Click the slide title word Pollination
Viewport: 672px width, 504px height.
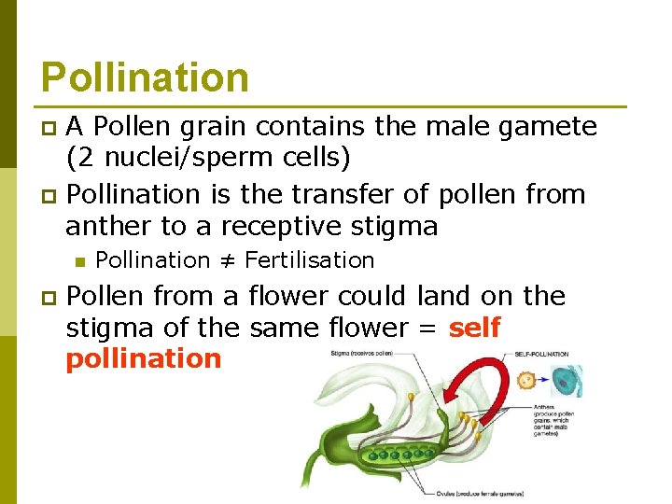click(145, 77)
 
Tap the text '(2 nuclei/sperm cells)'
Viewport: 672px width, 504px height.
click(208, 158)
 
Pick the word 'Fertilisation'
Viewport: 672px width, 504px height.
click(309, 260)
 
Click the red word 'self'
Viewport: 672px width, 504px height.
click(474, 328)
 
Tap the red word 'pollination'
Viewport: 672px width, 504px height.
click(143, 359)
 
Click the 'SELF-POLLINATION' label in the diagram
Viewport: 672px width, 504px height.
click(541, 355)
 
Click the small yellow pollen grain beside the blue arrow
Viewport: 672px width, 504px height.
click(525, 381)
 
